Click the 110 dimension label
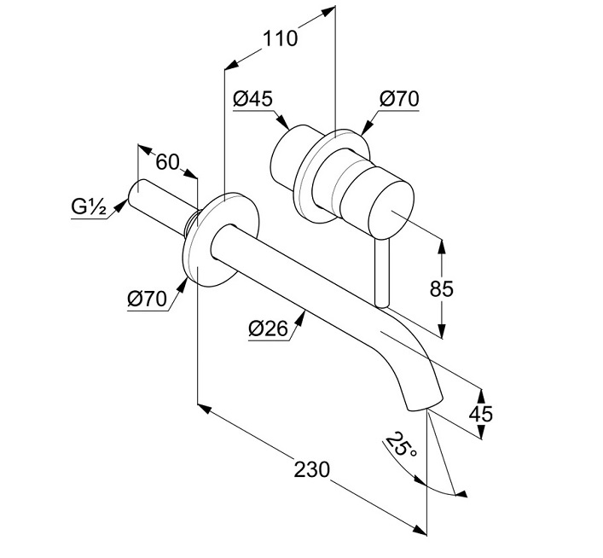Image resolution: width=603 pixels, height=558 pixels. (x=280, y=38)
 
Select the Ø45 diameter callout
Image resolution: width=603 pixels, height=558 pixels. (x=252, y=98)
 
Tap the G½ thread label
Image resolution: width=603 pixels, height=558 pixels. (x=89, y=207)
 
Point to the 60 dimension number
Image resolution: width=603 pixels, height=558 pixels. (x=167, y=162)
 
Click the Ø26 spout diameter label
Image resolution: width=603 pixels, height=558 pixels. (x=269, y=328)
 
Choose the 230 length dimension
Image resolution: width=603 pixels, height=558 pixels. (x=312, y=469)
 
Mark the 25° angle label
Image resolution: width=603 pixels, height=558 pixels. (x=401, y=445)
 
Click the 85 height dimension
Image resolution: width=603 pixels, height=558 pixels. (x=442, y=288)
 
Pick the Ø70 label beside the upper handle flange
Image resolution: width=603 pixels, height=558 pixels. (x=399, y=98)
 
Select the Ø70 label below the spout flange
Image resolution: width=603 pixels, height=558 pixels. (x=148, y=299)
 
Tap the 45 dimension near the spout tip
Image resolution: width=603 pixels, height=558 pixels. (x=481, y=414)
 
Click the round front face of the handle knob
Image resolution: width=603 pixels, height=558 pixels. (x=391, y=209)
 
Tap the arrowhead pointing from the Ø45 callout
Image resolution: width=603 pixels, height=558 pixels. (x=283, y=122)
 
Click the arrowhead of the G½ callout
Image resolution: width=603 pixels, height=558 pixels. (x=121, y=205)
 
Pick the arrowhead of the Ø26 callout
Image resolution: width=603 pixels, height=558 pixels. (x=301, y=318)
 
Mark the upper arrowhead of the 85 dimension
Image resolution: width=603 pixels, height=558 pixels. (x=442, y=247)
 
